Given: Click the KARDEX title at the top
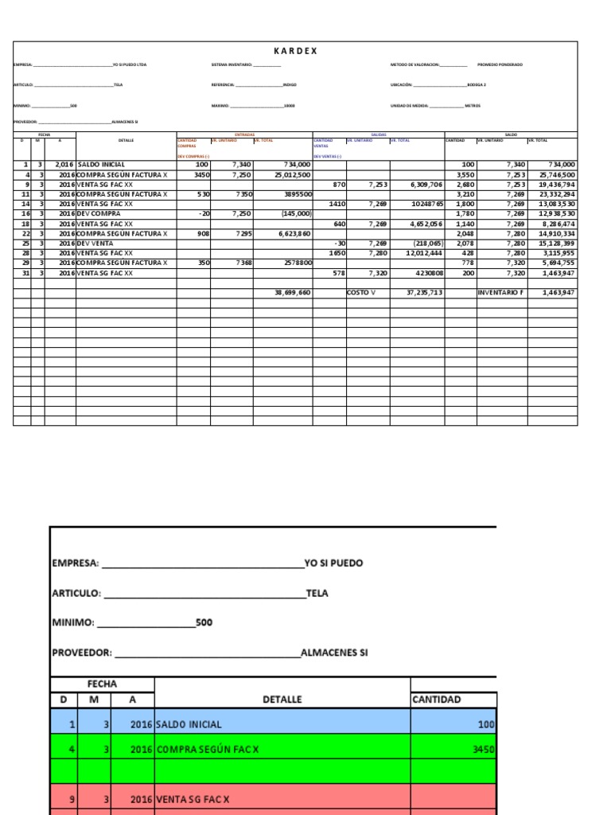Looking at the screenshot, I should click(x=295, y=51).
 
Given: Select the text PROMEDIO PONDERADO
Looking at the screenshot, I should click(x=500, y=64).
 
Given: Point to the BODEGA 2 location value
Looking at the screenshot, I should click(x=476, y=84).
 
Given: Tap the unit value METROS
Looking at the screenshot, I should click(x=472, y=105).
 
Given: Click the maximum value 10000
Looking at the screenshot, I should click(x=289, y=105).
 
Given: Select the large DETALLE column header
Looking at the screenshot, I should click(x=282, y=700).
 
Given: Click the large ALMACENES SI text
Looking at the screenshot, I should click(x=334, y=653).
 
